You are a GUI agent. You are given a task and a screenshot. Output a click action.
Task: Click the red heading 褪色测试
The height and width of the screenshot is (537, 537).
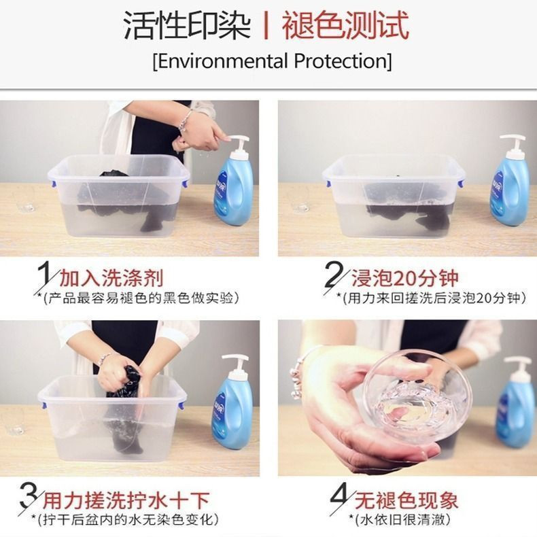click(x=345, y=25)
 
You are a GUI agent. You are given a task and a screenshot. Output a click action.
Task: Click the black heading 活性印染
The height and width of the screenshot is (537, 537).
click(x=188, y=25)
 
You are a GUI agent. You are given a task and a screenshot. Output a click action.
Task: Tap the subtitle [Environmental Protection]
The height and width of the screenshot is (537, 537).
click(x=273, y=61)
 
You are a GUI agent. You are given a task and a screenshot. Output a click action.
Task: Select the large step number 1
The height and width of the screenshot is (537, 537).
click(x=44, y=274)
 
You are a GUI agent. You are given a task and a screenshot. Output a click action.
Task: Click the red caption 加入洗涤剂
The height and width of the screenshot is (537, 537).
click(x=111, y=278)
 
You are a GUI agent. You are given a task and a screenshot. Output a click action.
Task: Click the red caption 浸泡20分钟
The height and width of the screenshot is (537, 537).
click(x=405, y=278)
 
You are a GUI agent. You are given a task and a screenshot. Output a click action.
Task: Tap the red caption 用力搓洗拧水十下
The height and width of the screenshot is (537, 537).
click(x=126, y=500)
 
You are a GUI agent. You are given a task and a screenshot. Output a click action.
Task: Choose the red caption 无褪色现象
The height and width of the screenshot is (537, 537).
click(x=406, y=500)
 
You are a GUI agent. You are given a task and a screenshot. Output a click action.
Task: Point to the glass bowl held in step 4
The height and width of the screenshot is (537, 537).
click(x=416, y=397)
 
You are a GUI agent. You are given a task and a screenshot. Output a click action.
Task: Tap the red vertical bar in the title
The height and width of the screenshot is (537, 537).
click(x=266, y=25)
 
